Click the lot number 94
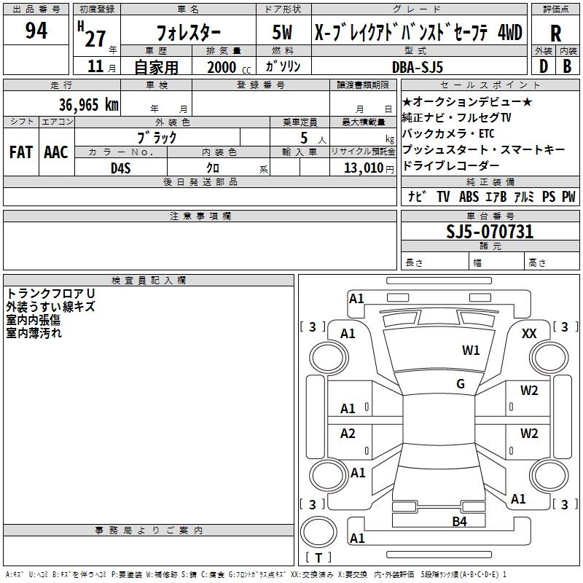tap(36, 31)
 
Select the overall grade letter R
tap(555, 34)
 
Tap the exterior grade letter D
tap(543, 66)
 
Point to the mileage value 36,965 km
tap(88, 104)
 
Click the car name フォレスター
tap(188, 33)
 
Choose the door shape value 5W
tap(283, 33)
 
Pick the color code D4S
tap(120, 168)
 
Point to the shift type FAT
tap(20, 152)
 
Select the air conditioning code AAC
tap(56, 152)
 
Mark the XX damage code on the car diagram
tap(530, 333)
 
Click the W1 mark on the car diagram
tap(471, 351)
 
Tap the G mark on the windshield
tap(460, 384)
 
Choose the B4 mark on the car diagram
tap(459, 521)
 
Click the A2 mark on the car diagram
tap(348, 434)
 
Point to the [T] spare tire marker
tap(318, 557)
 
